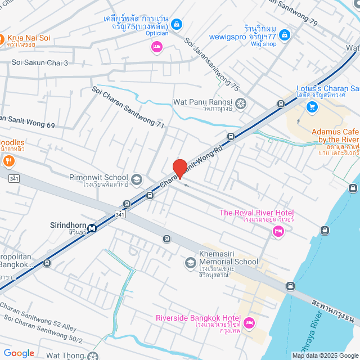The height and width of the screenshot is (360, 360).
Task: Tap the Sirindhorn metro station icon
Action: coord(91,228)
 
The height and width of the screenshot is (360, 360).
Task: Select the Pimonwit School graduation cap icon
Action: coord(137,179)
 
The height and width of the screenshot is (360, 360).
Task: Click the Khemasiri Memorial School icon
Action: coord(190,263)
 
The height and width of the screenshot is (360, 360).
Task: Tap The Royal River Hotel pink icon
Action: coord(277,231)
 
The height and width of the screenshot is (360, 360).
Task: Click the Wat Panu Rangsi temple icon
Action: coord(241,103)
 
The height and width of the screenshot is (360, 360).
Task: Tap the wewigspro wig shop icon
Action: coord(285,35)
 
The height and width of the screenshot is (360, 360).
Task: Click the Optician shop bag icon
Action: coord(177,24)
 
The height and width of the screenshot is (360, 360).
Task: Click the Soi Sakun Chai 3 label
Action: coord(39,62)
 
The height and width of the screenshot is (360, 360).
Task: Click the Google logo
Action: coord(19,353)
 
